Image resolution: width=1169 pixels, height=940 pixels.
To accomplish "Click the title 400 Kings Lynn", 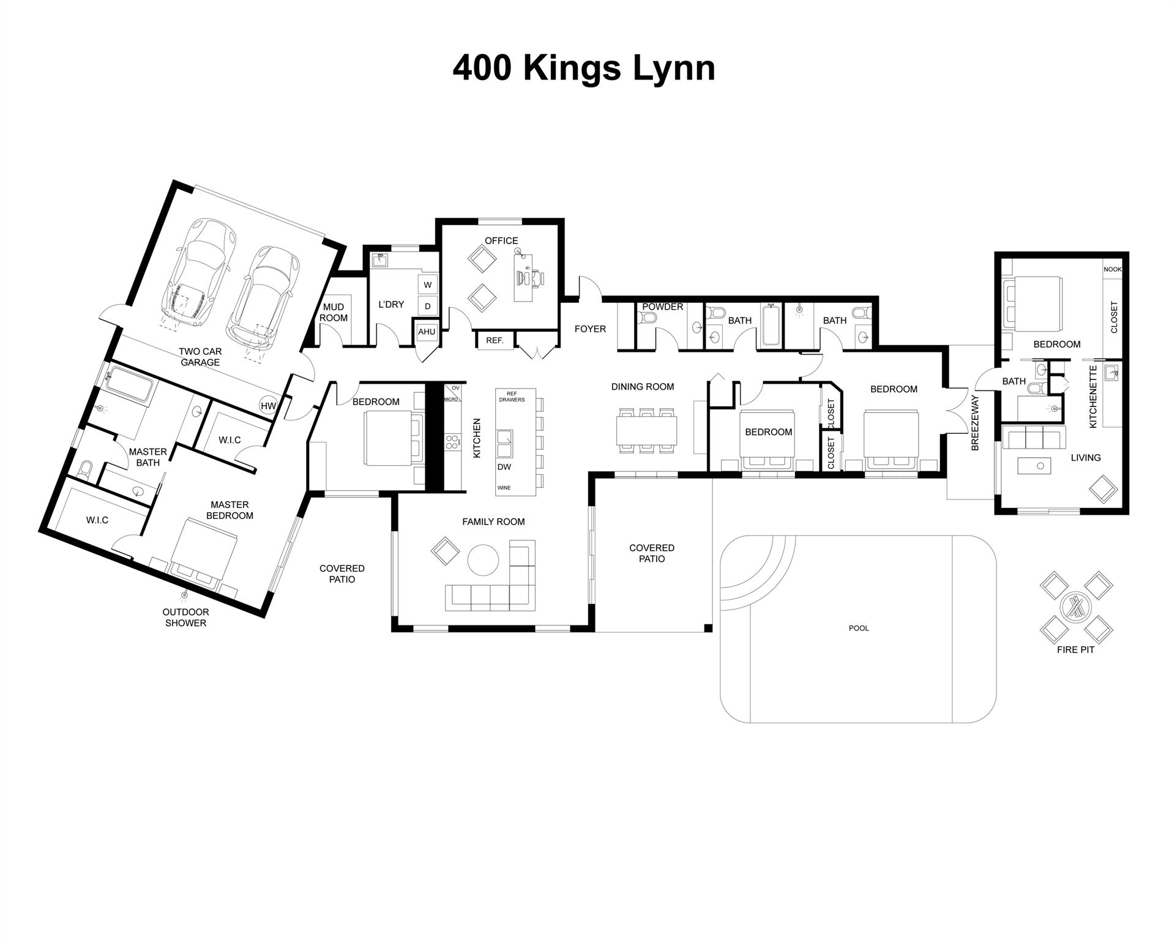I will click(583, 68).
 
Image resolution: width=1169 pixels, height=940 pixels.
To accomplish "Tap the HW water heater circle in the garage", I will click(268, 406).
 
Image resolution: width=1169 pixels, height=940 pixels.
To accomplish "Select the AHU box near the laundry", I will click(427, 332).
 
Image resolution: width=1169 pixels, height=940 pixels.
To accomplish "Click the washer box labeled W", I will click(427, 285).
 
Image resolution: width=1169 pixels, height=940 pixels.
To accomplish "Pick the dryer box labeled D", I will click(427, 306).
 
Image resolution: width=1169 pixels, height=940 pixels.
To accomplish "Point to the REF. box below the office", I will click(495, 340).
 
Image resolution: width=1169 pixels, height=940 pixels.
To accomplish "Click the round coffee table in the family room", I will click(483, 560).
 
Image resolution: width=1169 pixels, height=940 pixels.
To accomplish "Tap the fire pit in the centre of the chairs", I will click(1075, 606).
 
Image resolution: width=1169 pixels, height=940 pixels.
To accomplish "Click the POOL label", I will click(859, 628).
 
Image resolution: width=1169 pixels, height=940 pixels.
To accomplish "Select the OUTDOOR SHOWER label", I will click(185, 617).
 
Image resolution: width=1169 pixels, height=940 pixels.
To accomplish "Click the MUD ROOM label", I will click(334, 312).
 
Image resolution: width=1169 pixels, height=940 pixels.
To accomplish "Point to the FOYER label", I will click(590, 329).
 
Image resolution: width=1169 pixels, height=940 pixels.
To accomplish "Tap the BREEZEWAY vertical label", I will click(976, 423).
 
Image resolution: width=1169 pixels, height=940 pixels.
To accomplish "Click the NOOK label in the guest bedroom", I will click(1112, 269).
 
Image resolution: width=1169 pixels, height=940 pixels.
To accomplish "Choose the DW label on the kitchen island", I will click(504, 467).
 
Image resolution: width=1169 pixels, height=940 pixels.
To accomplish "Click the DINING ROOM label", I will click(643, 387).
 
